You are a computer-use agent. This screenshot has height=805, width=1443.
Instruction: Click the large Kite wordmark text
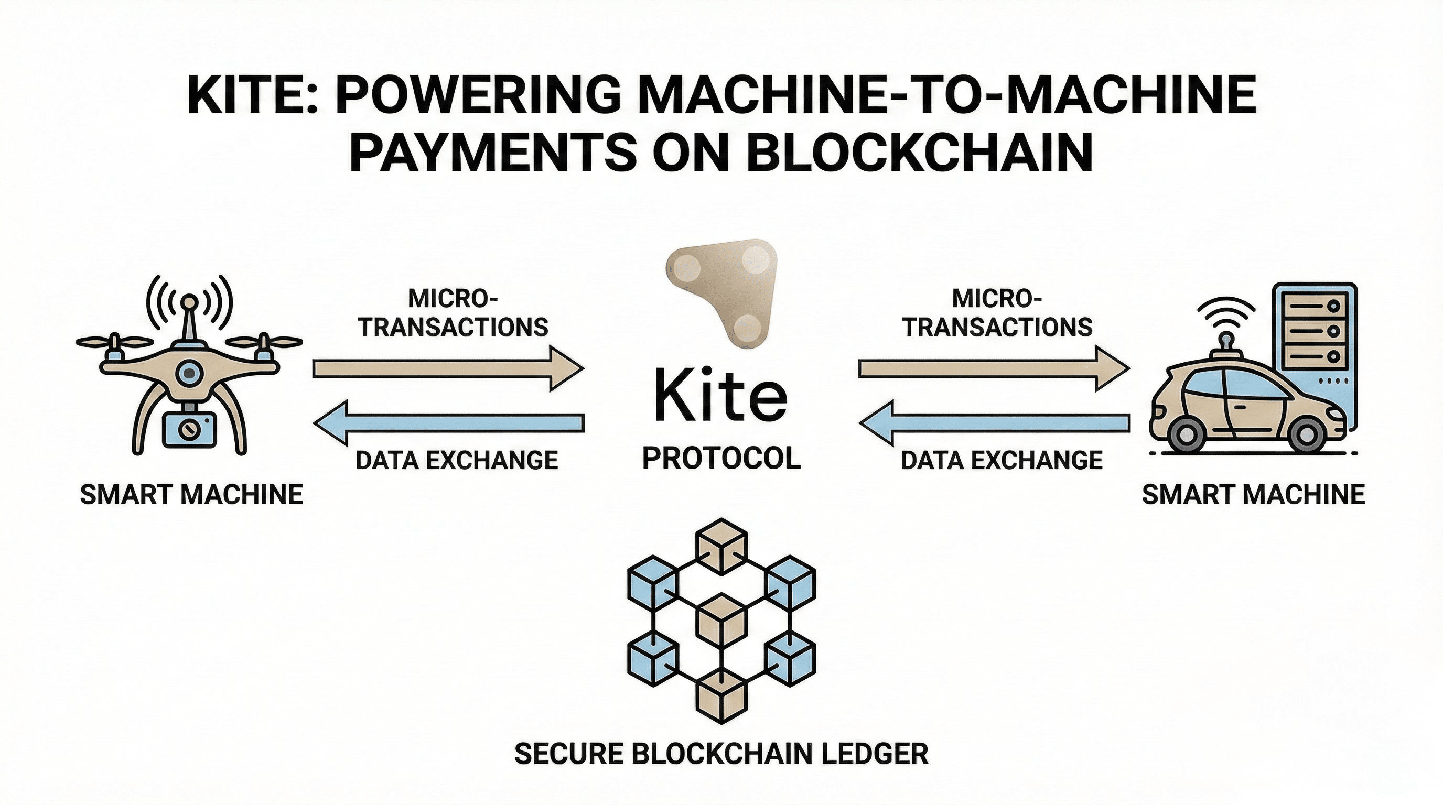tap(721, 395)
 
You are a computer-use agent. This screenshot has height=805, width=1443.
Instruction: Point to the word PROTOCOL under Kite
tap(721, 459)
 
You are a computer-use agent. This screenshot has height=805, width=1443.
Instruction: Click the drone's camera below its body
tap(189, 429)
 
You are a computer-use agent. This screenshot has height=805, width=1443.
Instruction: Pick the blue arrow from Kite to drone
tap(448, 422)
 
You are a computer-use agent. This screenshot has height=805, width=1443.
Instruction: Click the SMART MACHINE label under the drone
tap(191, 495)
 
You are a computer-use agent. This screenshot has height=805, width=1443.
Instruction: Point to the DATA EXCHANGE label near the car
tap(1002, 460)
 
